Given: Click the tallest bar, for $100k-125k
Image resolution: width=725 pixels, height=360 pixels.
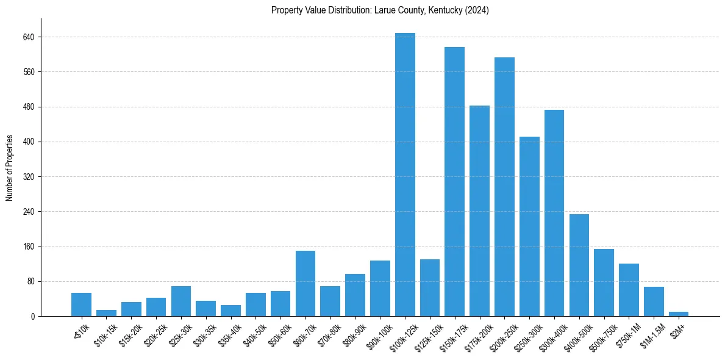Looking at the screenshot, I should click(405, 175).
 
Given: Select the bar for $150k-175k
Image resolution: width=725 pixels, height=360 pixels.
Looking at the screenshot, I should click(454, 182).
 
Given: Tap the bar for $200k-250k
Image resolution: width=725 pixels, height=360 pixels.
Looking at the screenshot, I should click(504, 187).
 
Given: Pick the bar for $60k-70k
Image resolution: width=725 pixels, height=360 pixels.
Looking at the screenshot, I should click(305, 284).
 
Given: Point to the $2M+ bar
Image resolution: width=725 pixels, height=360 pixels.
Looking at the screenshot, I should click(679, 314).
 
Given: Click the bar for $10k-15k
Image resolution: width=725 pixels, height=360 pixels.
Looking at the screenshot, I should click(106, 313).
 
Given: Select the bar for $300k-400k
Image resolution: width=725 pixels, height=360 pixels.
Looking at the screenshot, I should click(554, 213).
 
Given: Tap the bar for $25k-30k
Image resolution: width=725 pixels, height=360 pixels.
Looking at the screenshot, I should click(181, 301).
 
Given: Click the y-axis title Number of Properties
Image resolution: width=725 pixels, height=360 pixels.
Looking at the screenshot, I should click(10, 168).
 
